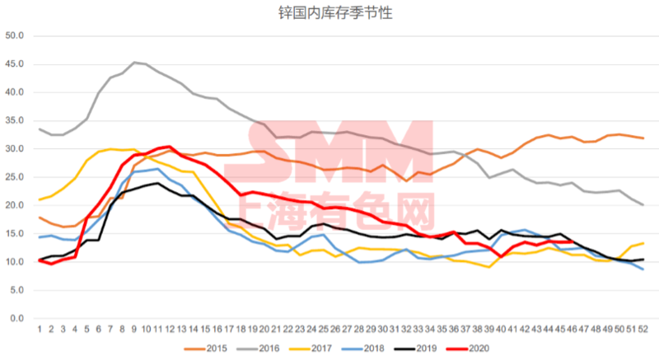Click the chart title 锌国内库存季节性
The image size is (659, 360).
329,12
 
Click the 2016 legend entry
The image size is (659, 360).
267,348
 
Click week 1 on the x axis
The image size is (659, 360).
39,330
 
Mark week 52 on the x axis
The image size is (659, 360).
643,330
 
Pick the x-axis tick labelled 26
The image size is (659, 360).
335,330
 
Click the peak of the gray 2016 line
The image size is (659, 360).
134,62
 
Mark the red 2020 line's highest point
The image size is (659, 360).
169,147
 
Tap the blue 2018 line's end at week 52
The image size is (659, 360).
643,269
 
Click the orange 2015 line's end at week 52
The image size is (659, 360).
643,138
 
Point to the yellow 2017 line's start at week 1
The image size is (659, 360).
39,199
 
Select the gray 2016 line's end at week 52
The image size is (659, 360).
643,204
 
